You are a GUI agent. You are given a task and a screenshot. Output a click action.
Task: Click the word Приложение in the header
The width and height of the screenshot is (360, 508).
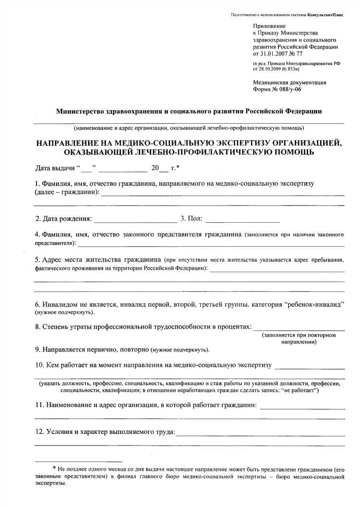pos(269,25)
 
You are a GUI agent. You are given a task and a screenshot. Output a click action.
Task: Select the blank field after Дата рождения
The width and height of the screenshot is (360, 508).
pos(136,221)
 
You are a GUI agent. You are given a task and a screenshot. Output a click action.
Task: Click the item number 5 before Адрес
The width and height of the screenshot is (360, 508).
pos(37,260)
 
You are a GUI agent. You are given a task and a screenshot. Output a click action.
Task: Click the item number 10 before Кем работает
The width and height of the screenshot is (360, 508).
pos(39,365)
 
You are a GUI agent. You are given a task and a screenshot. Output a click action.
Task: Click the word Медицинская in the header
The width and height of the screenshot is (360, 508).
pos(272,82)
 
